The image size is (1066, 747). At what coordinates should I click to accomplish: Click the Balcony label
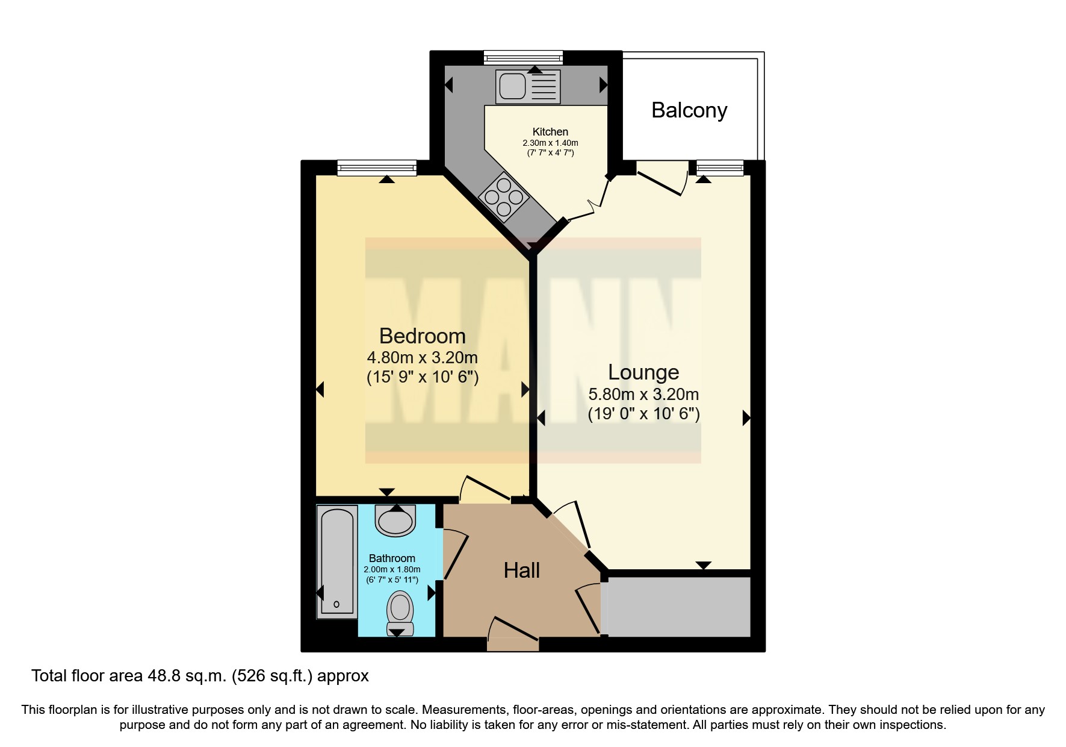[x=689, y=110]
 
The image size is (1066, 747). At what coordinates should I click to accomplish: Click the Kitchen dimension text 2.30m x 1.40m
[x=550, y=143]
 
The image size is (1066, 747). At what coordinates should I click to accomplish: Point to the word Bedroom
[x=422, y=336]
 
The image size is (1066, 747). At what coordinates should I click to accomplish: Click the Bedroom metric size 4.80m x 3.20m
[x=422, y=358]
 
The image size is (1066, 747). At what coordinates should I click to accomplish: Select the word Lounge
[x=643, y=372]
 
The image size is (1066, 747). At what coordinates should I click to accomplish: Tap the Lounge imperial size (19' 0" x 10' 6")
[x=643, y=414]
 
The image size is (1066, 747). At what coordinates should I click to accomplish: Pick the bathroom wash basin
[x=395, y=519]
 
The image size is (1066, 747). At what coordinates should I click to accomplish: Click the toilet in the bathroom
[x=400, y=611]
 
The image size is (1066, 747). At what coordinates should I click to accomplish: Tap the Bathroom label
[x=392, y=558]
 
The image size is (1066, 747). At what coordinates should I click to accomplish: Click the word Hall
[x=521, y=570]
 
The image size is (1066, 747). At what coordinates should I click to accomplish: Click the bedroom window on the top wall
[x=377, y=167]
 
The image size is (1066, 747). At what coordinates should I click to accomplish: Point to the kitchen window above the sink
[x=523, y=58]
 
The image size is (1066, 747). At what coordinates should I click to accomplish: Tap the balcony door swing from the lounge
[x=662, y=178]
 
